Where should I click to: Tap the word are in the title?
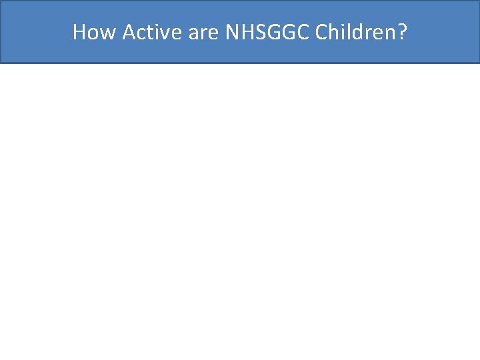(x=203, y=32)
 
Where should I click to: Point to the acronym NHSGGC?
(x=267, y=32)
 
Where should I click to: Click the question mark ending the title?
(x=401, y=32)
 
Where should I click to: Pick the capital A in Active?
(x=129, y=32)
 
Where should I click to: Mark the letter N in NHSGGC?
(x=233, y=32)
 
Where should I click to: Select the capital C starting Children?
(x=321, y=32)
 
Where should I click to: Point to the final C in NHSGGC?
(x=302, y=32)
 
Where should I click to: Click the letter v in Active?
(x=164, y=32)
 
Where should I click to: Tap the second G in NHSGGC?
(x=287, y=32)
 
